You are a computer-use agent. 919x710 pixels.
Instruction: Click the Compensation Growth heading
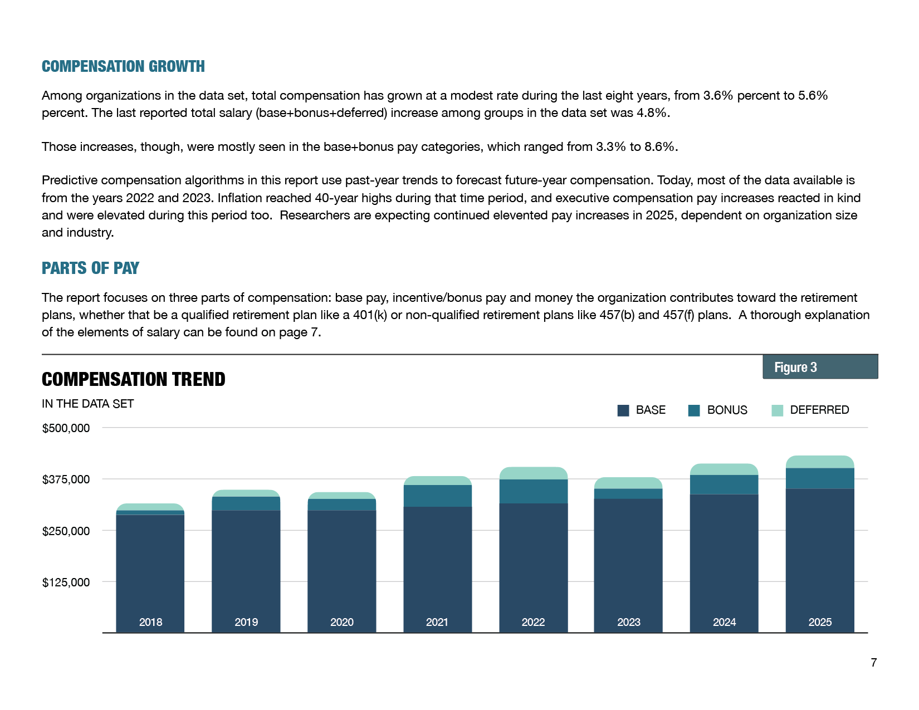(x=123, y=66)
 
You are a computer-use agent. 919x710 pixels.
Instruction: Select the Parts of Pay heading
(x=90, y=268)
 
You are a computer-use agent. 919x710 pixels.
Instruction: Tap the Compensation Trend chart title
(x=133, y=379)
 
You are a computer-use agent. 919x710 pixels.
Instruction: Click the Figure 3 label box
(x=820, y=367)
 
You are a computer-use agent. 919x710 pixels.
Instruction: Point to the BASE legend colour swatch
(x=623, y=410)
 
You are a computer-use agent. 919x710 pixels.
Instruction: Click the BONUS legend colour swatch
(x=694, y=410)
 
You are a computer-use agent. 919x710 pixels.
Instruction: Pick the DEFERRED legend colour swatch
(x=777, y=410)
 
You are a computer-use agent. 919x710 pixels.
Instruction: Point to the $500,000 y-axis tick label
(x=66, y=428)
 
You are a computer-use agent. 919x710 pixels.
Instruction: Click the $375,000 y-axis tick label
(x=66, y=479)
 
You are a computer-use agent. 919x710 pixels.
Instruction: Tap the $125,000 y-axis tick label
(x=66, y=582)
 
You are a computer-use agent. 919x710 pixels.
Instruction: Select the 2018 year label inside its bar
(x=150, y=622)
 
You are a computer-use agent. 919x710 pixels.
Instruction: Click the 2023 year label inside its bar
(x=628, y=622)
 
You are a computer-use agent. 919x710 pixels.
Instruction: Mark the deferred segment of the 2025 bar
(x=819, y=462)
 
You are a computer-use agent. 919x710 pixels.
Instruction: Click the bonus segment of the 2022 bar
(x=533, y=491)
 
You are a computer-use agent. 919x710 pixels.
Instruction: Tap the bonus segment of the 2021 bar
(x=437, y=496)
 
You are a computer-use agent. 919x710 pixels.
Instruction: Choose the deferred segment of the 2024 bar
(x=724, y=469)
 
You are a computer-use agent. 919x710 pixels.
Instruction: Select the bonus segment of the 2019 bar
(x=246, y=503)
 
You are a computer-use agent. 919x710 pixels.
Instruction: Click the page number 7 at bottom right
(x=873, y=662)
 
